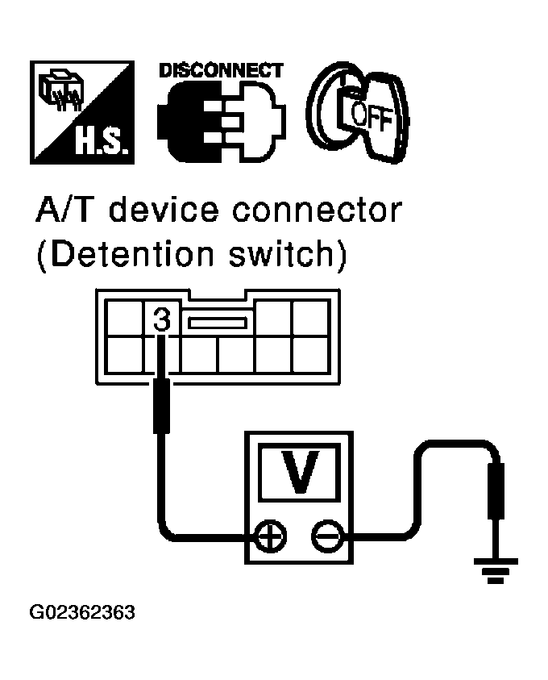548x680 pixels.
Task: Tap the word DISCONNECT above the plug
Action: (x=220, y=70)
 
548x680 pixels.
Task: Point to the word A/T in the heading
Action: (x=66, y=211)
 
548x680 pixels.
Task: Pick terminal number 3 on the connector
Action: (x=161, y=320)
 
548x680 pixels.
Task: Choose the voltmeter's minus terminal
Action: (x=326, y=536)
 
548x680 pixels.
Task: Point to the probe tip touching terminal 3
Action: (x=162, y=355)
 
